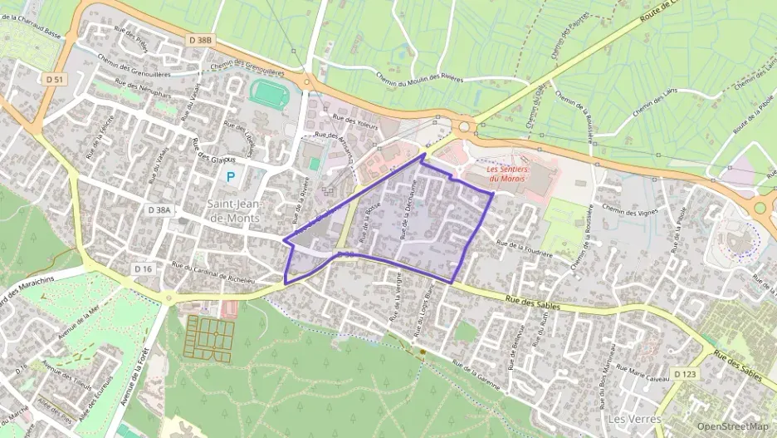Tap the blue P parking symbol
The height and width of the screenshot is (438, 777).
[230, 177]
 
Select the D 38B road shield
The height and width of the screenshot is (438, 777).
[200, 40]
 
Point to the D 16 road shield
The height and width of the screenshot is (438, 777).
[144, 268]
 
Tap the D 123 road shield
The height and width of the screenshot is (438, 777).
[685, 375]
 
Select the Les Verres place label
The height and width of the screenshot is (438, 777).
[634, 419]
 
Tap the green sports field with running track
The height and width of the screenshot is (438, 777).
[268, 92]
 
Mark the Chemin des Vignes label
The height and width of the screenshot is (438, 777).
[630, 210]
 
